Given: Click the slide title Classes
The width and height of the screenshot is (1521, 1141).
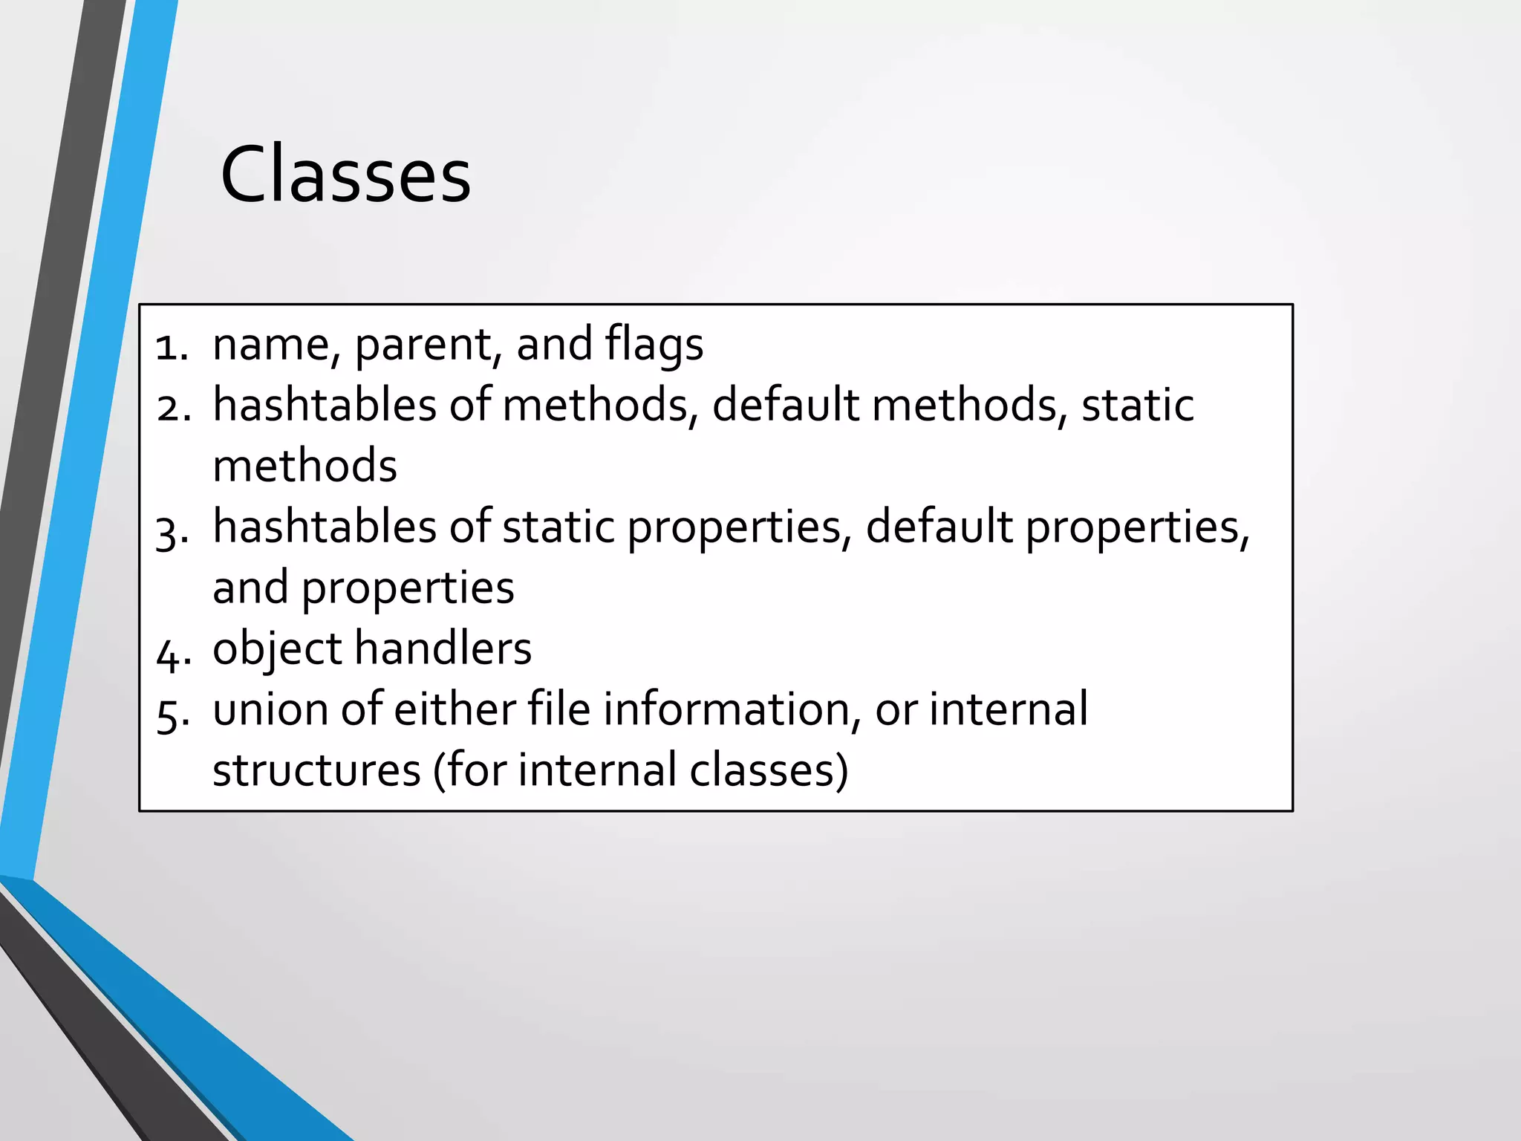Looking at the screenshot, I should pyautogui.click(x=345, y=175).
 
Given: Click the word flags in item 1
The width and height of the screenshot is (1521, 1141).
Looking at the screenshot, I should pyautogui.click(x=654, y=345).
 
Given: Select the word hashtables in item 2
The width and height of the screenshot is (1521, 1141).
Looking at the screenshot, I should pyautogui.click(x=325, y=406).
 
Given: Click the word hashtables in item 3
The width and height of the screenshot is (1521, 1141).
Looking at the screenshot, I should pyautogui.click(x=325, y=527).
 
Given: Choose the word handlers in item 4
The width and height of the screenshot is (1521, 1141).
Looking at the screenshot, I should pyautogui.click(x=443, y=649).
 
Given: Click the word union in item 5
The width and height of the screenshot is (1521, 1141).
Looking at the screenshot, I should pyautogui.click(x=270, y=710).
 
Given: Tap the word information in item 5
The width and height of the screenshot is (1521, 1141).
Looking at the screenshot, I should pyautogui.click(x=726, y=710).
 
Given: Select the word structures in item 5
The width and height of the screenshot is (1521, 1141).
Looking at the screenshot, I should pyautogui.click(x=316, y=771).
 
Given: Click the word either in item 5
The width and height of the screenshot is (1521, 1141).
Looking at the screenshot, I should pyautogui.click(x=455, y=710).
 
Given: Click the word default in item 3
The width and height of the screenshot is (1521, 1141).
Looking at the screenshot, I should pyautogui.click(x=939, y=527).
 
